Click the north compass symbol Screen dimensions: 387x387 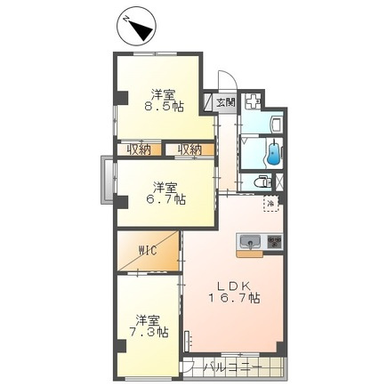pyautogui.click(x=136, y=28)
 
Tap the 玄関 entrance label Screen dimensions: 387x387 pyautogui.click(x=225, y=102)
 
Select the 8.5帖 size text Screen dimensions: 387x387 pyautogui.click(x=164, y=107)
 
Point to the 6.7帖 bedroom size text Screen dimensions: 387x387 pyautogui.click(x=166, y=199)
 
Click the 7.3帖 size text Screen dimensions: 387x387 pyautogui.click(x=149, y=332)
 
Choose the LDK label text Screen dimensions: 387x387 pyautogui.click(x=235, y=286)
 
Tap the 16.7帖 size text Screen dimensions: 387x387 pyautogui.click(x=234, y=298)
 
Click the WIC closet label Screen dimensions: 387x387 pyautogui.click(x=148, y=251)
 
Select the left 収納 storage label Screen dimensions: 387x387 pyautogui.click(x=139, y=149)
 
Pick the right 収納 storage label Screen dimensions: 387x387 pyautogui.click(x=189, y=149)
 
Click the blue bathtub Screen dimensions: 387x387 pyautogui.click(x=273, y=153)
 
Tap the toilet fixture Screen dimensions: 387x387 pyautogui.click(x=262, y=181)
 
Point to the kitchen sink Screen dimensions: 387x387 pyautogui.click(x=250, y=242)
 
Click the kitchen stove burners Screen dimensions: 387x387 pyautogui.click(x=274, y=241)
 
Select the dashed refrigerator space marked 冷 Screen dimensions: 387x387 pyautogui.click(x=270, y=204)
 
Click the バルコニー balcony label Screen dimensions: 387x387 pyautogui.click(x=232, y=367)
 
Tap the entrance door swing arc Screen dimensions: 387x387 pyautogui.click(x=230, y=75)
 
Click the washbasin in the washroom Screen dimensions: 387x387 pyautogui.click(x=278, y=125)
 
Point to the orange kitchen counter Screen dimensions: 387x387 pyautogui.click(x=249, y=254)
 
